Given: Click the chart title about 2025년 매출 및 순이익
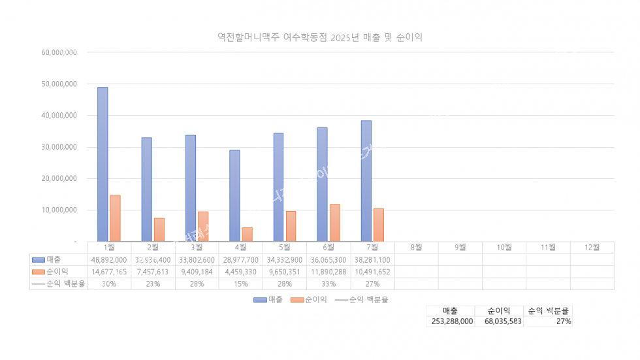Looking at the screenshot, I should click(320, 37).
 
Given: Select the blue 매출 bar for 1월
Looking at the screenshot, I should click(103, 163).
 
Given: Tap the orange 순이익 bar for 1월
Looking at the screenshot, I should click(115, 218).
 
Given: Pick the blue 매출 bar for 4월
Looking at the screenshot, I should click(234, 195).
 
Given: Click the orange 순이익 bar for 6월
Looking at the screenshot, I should click(335, 223).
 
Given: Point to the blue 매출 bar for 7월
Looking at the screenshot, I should click(366, 180).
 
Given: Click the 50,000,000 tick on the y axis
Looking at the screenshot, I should click(57, 84).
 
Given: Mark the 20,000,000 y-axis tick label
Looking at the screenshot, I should click(57, 178).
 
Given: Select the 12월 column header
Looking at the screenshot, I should click(592, 247).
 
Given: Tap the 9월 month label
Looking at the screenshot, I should click(460, 247).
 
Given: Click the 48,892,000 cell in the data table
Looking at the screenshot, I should click(110, 259).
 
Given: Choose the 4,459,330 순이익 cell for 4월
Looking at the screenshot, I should click(241, 271).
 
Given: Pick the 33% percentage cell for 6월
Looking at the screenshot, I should click(328, 284).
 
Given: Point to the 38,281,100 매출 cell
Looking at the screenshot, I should click(372, 259).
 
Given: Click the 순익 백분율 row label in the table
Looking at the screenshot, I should click(64, 284).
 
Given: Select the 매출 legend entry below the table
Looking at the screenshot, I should click(268, 299).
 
